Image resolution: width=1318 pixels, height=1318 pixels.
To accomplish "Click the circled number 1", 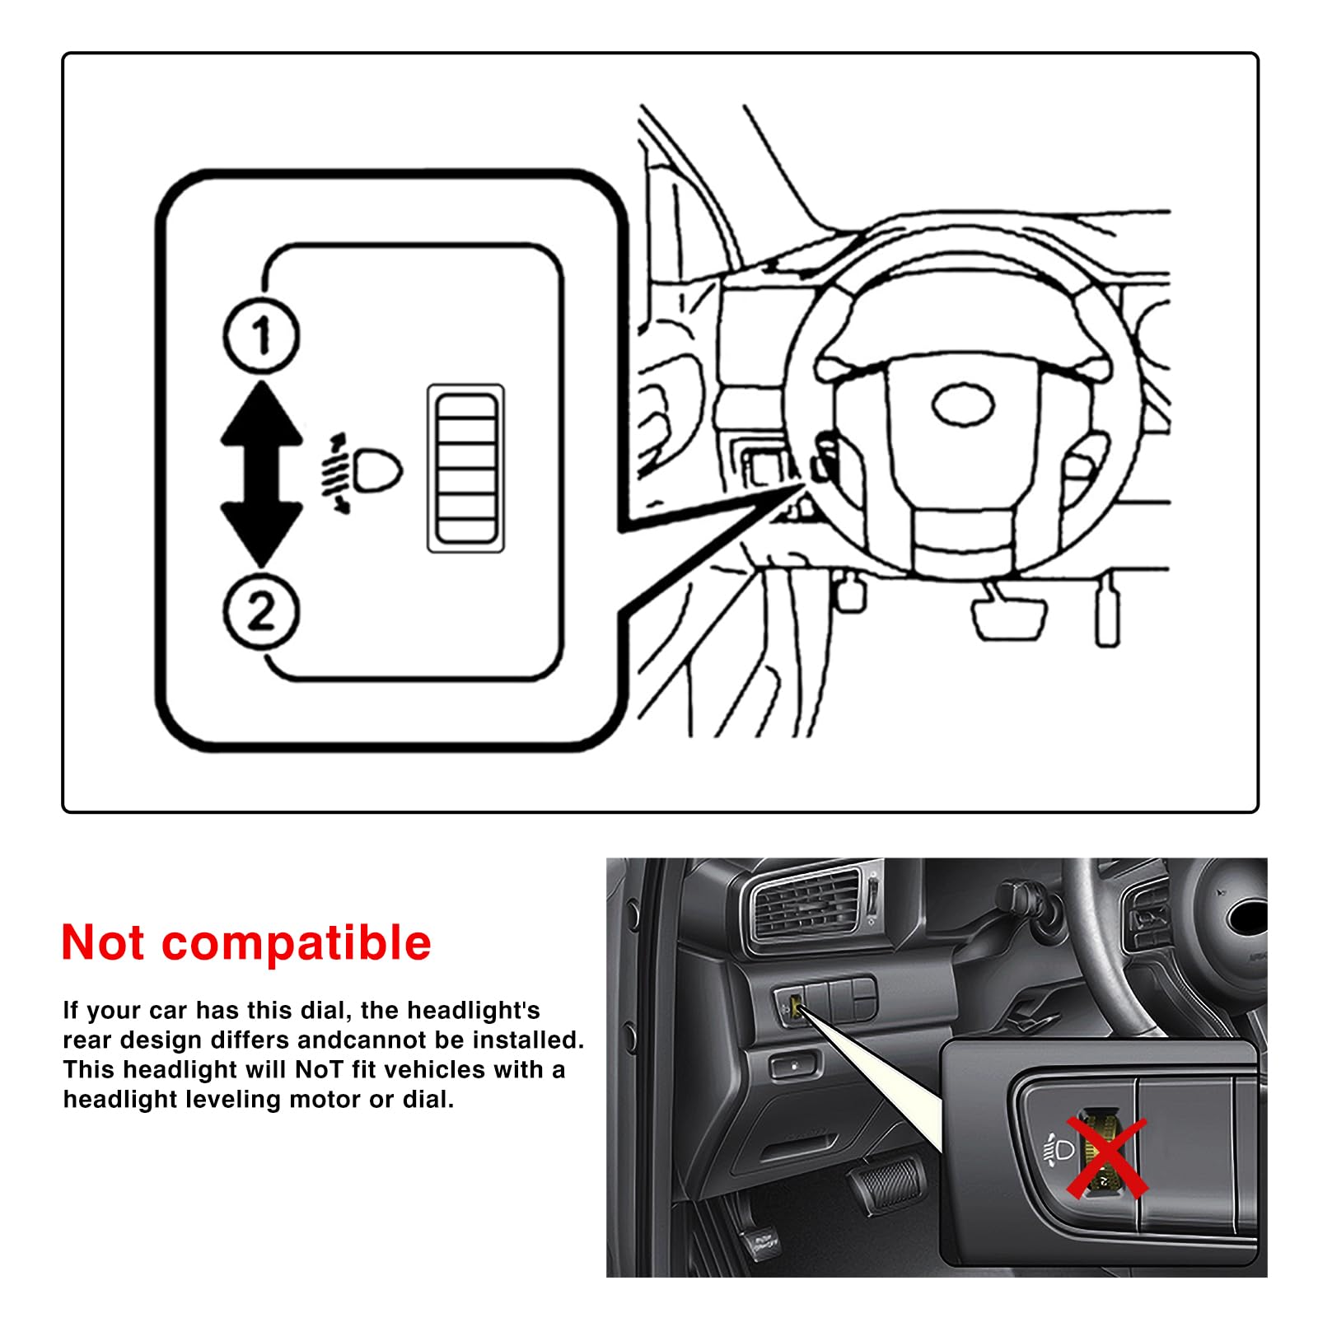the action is pos(262,336).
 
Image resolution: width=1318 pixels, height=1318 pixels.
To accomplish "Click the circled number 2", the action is pos(262,611).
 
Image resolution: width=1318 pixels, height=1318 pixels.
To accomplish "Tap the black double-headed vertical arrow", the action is pos(262,474).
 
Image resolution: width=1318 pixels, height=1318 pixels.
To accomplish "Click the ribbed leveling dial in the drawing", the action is pos(466,468).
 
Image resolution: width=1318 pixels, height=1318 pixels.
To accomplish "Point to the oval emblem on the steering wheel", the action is pos(963,405).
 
